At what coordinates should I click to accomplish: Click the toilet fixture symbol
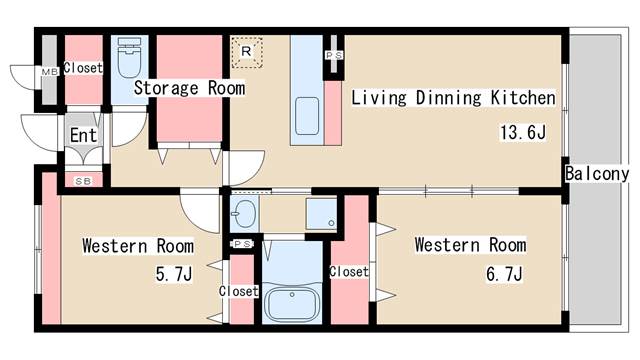(129, 58)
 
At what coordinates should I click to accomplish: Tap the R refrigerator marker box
(247, 52)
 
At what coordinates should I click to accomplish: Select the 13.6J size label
(523, 133)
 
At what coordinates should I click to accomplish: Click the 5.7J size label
(174, 274)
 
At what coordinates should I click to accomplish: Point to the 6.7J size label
(504, 274)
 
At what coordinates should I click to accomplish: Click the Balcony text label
(597, 174)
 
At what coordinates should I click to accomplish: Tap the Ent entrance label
(83, 135)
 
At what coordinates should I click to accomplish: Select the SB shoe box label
(83, 181)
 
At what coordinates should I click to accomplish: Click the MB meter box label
(50, 72)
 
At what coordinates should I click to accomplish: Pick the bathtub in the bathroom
(291, 303)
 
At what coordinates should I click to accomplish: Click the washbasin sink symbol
(244, 213)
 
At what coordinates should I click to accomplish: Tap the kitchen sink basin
(307, 116)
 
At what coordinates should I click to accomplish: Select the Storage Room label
(190, 88)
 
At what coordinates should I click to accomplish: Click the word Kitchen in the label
(523, 98)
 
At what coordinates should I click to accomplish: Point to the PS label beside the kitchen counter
(334, 55)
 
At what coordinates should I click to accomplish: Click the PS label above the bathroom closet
(243, 244)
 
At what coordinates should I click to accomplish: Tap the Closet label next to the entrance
(83, 68)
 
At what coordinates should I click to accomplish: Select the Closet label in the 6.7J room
(349, 271)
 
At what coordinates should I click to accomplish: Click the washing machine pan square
(321, 214)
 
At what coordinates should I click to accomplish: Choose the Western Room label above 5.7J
(138, 246)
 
